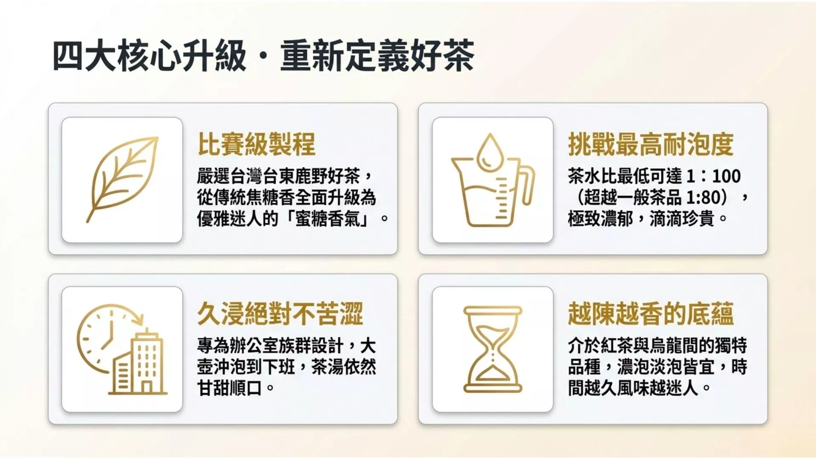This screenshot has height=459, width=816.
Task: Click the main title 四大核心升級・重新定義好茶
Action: coord(263,56)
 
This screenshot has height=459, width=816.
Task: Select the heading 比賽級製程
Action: coord(256,144)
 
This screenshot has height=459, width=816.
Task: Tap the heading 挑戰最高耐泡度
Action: coord(651,144)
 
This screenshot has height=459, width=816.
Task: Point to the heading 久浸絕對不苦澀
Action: coord(280,314)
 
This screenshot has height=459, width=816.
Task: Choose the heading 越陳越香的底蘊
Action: coord(651,314)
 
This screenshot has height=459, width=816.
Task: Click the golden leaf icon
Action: coord(122,179)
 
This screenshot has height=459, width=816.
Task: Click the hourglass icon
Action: coord(493,349)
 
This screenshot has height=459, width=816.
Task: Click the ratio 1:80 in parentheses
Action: coord(703,197)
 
